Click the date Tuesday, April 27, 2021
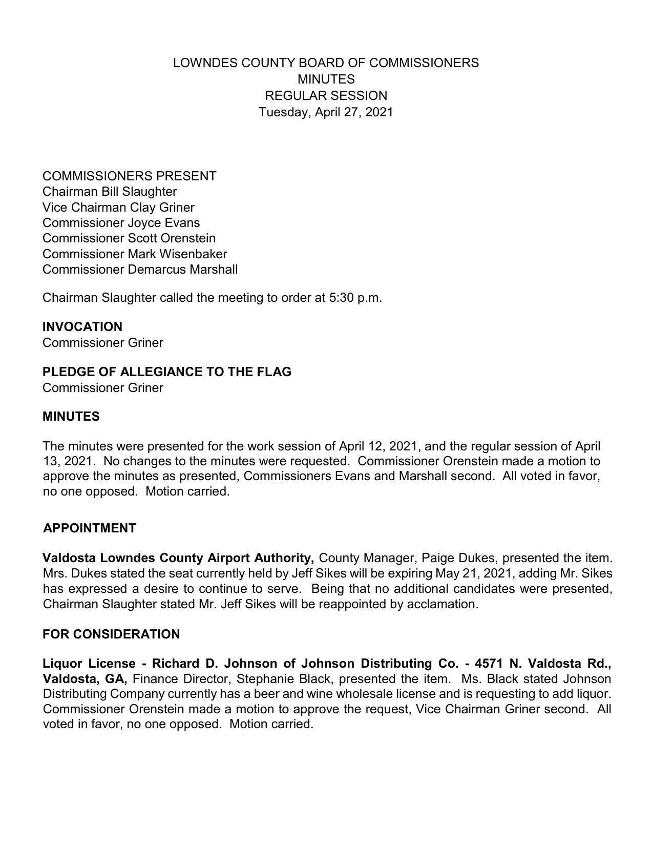326,112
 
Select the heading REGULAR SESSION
326,96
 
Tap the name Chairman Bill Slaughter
110,192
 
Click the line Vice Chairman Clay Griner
118,208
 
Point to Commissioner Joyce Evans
121,223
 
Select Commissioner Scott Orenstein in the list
129,238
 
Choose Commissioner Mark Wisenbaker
135,254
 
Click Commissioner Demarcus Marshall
140,270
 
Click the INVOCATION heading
82,327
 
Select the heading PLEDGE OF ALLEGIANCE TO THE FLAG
167,372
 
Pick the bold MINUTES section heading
71,417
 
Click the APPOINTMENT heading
90,528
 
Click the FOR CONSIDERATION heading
111,634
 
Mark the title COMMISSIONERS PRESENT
129,176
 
